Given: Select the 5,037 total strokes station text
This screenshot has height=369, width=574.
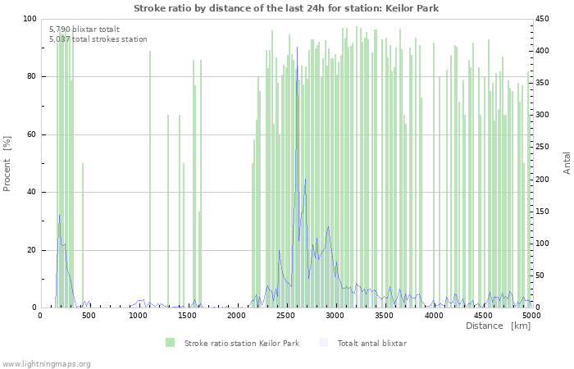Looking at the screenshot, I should (98, 39).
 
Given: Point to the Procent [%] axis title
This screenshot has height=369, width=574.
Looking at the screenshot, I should (7, 164).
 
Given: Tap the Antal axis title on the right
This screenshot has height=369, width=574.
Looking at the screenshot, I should (567, 162).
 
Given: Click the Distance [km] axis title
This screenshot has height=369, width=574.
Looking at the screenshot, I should (498, 326).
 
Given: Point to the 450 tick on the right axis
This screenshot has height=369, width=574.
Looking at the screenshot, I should (544, 19).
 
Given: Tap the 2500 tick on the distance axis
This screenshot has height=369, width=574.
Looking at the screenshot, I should (286, 315).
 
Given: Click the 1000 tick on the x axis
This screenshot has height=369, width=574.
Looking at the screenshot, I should (139, 315).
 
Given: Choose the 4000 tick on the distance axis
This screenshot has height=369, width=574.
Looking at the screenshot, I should (434, 315).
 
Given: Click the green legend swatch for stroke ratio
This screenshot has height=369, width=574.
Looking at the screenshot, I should (170, 343).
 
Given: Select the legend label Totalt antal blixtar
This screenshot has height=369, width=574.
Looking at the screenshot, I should (371, 343).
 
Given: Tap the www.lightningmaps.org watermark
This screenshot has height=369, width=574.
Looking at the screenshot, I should (46, 363).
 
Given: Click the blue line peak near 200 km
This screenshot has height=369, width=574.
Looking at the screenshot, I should (59, 216).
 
